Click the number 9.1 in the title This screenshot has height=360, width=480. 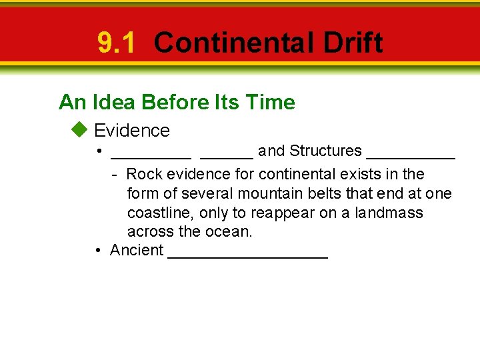(x=116, y=43)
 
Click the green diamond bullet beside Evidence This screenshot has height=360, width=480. (x=80, y=129)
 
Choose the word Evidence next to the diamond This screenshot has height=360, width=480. (x=132, y=130)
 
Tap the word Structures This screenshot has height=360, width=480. (x=325, y=151)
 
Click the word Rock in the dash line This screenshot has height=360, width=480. (x=144, y=175)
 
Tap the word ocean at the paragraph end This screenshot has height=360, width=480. (x=230, y=233)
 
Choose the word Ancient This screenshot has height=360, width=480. (x=137, y=251)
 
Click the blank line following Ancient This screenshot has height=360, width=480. (x=248, y=257)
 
